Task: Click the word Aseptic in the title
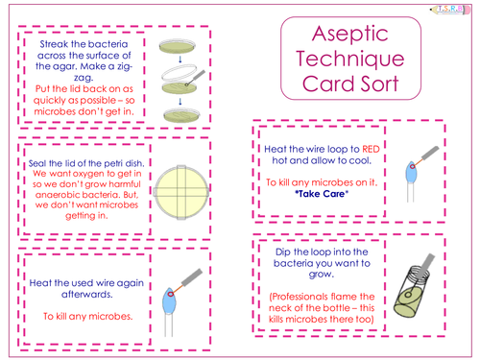click(x=350, y=34)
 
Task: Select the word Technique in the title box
click(x=350, y=60)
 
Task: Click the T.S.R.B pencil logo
click(x=450, y=10)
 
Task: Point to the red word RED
click(x=371, y=149)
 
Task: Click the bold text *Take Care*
click(x=322, y=194)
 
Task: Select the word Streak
click(x=52, y=44)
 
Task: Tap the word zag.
click(x=84, y=78)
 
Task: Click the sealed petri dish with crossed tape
click(x=181, y=192)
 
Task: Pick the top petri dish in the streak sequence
click(x=178, y=46)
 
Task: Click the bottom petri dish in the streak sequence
click(x=181, y=115)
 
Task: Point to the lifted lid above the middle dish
click(x=180, y=73)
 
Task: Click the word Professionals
click(x=296, y=297)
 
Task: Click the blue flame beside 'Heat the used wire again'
click(x=169, y=301)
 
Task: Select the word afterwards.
click(x=87, y=295)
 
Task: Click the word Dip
click(x=283, y=252)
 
